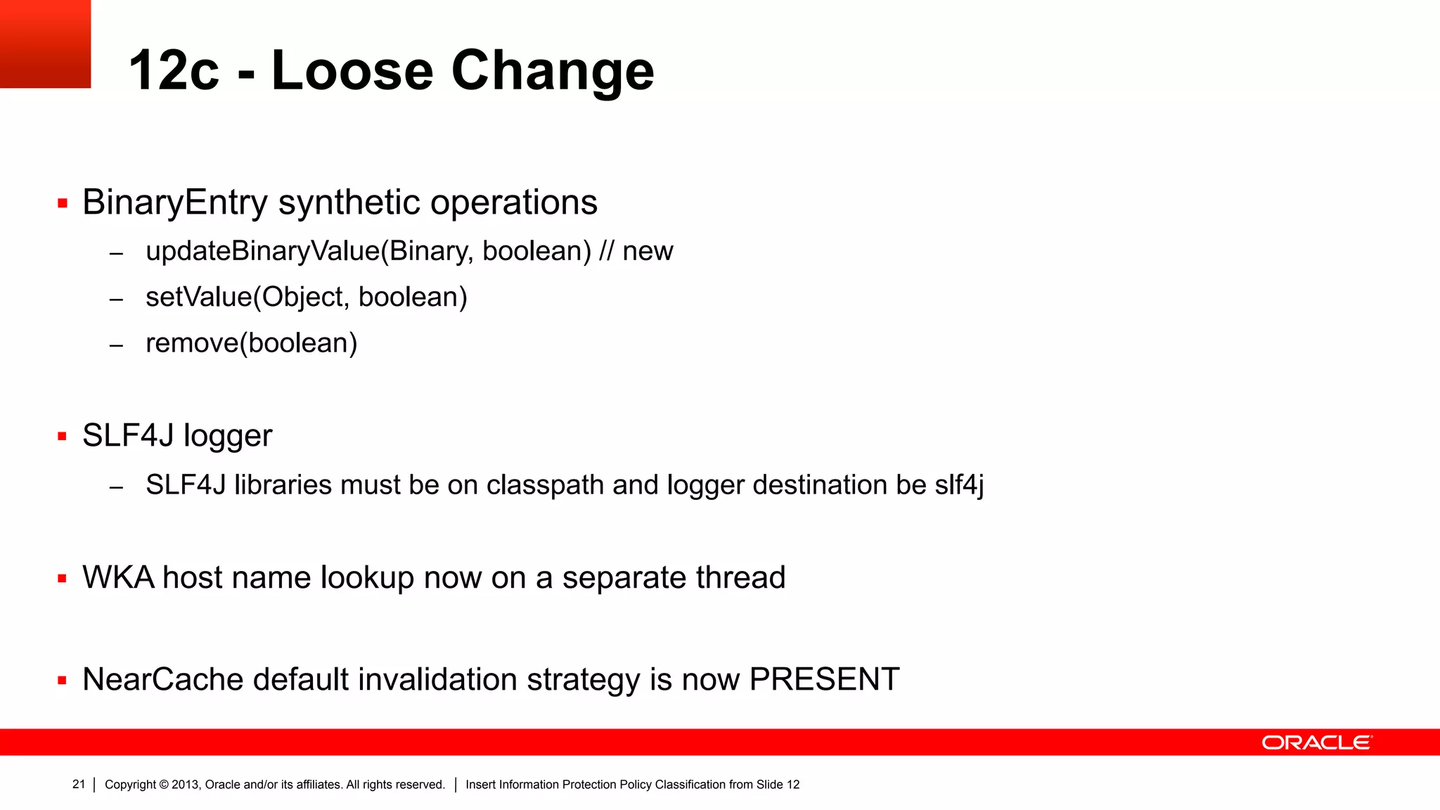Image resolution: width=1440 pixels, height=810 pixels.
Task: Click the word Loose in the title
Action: pos(352,70)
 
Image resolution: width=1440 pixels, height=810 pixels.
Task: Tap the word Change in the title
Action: pos(553,72)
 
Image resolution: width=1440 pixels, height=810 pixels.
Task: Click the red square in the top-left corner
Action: pos(45,44)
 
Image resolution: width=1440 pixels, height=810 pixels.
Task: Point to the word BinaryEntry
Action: pos(175,202)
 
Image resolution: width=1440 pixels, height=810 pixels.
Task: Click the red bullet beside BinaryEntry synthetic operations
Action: pos(63,204)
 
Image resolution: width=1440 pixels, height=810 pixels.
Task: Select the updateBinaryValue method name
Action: pos(262,251)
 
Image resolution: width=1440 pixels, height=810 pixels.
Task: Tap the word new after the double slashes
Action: pos(648,251)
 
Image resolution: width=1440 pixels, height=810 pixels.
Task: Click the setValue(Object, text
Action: pos(247,297)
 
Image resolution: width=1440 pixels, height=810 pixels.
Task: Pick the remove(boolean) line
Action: pos(251,343)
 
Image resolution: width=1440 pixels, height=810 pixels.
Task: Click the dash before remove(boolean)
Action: pos(117,345)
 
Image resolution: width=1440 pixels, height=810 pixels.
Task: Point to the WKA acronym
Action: pos(118,578)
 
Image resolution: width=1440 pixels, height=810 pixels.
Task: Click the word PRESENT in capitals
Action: pos(824,680)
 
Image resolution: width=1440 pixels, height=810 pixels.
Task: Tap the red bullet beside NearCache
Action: pos(63,681)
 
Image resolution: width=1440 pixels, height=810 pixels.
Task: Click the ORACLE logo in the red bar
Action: pos(1316,742)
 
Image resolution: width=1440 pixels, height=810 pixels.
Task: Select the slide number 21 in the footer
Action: pos(79,784)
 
